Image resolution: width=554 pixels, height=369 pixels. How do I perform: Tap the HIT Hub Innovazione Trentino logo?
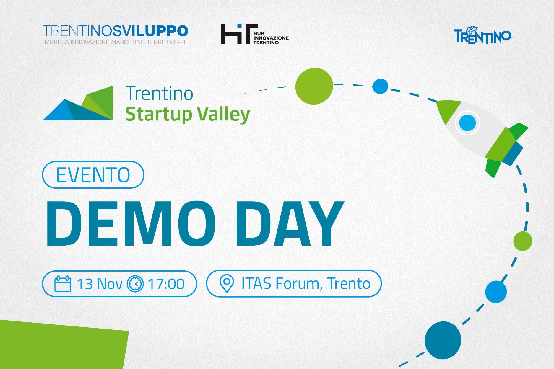(x=255, y=34)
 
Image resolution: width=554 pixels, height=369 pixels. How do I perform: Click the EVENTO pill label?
(x=93, y=175)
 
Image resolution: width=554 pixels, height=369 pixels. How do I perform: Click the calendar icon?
(x=63, y=284)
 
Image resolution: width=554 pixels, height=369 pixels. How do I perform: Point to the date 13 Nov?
(x=99, y=284)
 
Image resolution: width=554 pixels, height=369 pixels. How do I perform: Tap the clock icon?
(x=135, y=284)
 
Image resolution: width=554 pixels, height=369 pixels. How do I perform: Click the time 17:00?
(x=166, y=284)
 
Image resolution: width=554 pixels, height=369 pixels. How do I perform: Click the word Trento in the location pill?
(x=349, y=284)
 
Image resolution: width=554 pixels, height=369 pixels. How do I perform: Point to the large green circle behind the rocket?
(x=314, y=86)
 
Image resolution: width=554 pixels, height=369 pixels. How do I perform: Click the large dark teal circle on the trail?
(x=443, y=340)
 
